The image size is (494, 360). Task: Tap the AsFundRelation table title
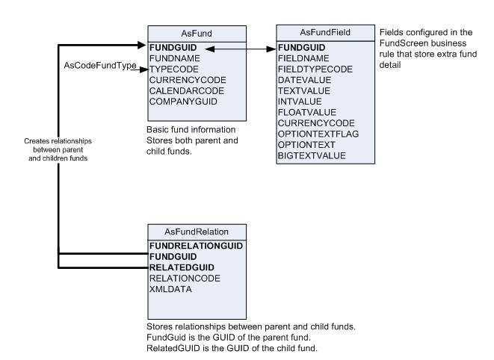point(190,232)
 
